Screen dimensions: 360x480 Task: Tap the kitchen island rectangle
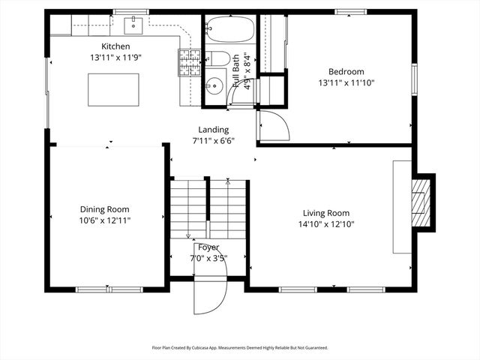113,89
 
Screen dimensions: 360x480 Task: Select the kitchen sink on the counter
133,25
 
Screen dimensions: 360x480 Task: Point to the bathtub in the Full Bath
230,29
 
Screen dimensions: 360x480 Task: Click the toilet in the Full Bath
217,58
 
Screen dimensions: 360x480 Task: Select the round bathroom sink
214,85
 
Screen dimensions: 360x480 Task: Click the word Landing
213,130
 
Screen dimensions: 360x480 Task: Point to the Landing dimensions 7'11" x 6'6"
213,140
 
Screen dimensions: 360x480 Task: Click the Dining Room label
105,209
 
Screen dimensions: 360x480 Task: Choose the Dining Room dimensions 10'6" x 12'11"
105,220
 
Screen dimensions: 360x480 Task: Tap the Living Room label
326,213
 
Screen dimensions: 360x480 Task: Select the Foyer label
208,247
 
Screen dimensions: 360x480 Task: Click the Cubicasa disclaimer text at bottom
240,347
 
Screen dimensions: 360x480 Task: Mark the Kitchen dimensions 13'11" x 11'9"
116,57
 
